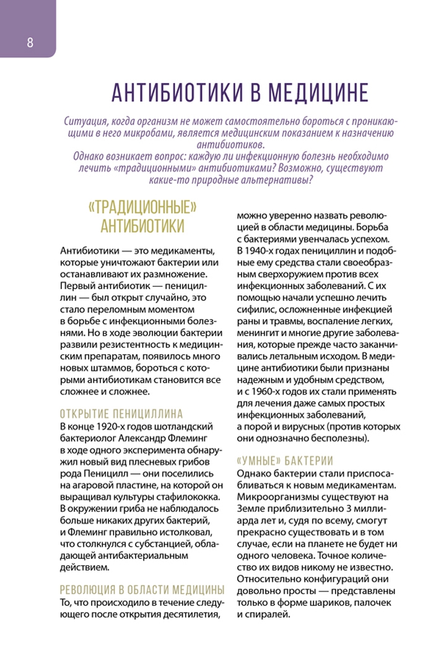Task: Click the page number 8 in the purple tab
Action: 29,43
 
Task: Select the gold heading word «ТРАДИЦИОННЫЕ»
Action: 142,206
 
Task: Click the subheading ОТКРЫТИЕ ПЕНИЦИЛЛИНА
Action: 121,413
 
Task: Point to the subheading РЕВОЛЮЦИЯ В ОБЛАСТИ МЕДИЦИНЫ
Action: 142,589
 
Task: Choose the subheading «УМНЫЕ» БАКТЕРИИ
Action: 286,460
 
